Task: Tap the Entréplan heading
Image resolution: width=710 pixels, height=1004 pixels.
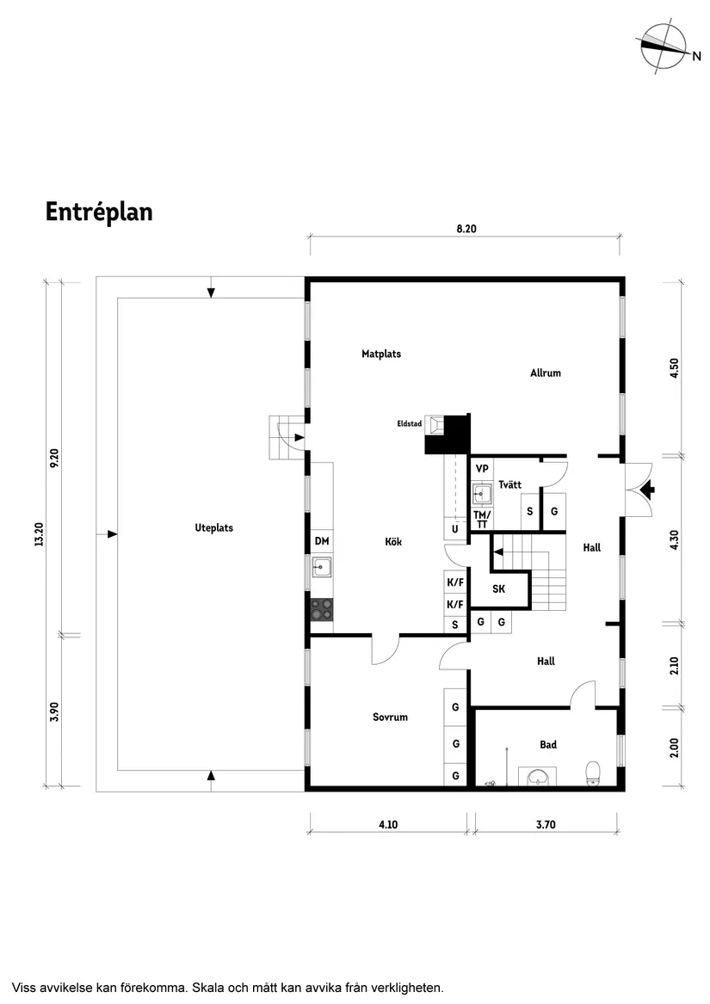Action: [99, 212]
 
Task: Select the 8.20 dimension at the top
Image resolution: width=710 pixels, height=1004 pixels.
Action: [466, 229]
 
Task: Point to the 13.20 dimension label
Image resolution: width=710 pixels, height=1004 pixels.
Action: [39, 534]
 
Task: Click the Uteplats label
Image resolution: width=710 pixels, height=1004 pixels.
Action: [214, 527]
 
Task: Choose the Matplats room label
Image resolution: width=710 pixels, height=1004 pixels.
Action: [381, 354]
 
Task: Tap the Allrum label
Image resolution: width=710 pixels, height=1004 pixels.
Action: [546, 373]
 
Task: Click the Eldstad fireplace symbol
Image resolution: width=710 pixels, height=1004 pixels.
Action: [436, 424]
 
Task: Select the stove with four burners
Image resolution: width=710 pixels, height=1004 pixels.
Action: [323, 609]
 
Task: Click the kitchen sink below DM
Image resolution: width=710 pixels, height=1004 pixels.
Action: [322, 567]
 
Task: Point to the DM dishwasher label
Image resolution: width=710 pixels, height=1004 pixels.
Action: [322, 541]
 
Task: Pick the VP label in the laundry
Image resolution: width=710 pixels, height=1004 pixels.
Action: [482, 469]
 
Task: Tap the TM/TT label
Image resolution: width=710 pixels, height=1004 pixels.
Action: [482, 520]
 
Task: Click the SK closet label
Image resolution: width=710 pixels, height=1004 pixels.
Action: [498, 588]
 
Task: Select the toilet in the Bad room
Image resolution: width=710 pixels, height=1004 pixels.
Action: [593, 773]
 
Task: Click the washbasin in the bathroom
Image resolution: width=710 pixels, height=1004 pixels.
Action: [539, 777]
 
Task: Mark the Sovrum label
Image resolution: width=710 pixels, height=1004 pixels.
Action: [390, 718]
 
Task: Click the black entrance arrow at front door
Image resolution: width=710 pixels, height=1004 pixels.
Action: [649, 490]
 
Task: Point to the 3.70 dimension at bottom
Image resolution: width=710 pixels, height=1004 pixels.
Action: [546, 825]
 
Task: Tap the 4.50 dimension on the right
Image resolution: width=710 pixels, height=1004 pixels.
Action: [674, 368]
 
